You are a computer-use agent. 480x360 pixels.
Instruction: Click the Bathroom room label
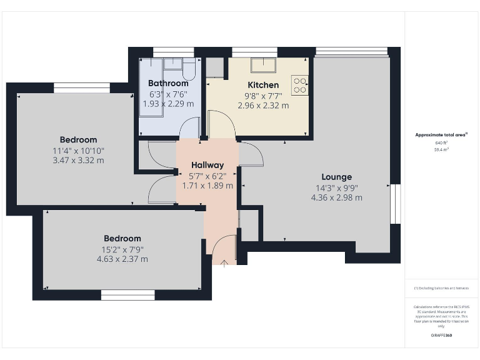(168, 83)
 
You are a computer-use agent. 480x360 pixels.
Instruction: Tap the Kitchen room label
(263, 85)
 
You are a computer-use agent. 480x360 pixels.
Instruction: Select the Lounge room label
(337, 177)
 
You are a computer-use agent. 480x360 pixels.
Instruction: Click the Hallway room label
(207, 165)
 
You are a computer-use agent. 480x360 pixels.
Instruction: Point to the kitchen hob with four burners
(300, 84)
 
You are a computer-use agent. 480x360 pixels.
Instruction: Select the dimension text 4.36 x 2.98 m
(337, 197)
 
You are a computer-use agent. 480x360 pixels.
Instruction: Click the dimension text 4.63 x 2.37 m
(122, 259)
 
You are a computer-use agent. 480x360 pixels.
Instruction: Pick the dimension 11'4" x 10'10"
(79, 151)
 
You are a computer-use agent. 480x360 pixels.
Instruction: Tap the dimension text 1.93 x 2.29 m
(168, 104)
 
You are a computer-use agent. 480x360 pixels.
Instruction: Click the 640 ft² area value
(442, 143)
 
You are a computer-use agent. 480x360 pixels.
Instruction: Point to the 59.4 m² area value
(442, 150)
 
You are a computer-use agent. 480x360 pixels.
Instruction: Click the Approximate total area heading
(441, 134)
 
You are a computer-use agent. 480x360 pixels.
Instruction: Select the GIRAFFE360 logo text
(442, 336)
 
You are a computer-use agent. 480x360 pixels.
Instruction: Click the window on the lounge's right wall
(395, 204)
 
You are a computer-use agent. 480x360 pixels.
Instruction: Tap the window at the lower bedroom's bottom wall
(127, 294)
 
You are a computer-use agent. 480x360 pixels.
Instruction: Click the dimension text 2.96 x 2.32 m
(263, 106)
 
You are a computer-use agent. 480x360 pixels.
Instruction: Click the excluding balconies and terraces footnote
(441, 288)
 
